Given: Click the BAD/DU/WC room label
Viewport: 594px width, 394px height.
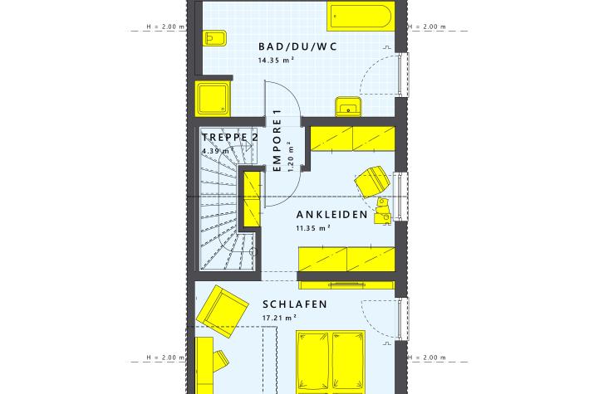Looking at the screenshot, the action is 297,46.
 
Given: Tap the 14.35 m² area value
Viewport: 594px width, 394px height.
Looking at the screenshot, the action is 276,60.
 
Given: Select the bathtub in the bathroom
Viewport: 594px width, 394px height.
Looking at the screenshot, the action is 361,16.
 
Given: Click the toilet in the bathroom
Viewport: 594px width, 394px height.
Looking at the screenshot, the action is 214,38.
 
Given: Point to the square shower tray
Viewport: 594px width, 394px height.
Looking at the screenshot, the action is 213,99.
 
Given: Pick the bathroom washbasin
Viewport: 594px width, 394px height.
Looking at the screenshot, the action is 348,107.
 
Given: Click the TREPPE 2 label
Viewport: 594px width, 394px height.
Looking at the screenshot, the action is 229,137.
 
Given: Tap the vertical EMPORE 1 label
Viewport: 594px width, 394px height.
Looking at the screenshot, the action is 277,140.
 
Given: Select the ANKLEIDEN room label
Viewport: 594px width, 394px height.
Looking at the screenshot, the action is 331,215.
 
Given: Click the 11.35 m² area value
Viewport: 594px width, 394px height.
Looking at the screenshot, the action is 313,228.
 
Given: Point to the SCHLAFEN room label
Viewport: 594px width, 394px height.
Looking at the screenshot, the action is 295,304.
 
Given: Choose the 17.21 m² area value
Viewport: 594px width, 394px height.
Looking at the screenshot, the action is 279,318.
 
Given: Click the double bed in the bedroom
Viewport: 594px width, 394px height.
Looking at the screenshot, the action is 331,362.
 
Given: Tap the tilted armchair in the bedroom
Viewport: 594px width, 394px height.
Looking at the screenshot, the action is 222,311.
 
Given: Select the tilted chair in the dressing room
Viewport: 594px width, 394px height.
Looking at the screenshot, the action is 372,182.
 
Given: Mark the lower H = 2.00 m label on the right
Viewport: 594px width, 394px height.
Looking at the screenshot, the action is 427,358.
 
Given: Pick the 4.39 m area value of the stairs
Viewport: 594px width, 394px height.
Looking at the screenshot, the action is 216,151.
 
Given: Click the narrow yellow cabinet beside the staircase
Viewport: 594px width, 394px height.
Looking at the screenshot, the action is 252,199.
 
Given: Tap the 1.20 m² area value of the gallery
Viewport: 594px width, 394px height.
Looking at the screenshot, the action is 291,157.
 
